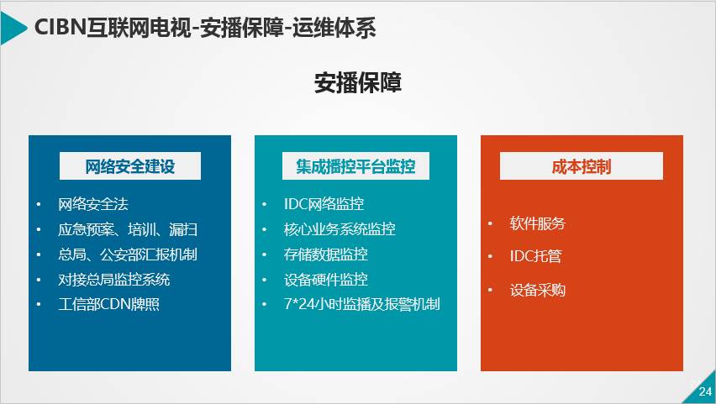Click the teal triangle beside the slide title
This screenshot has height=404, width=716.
pyautogui.click(x=12, y=29)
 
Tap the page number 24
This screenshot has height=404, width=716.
pyautogui.click(x=705, y=391)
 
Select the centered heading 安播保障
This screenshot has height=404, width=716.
pyautogui.click(x=358, y=82)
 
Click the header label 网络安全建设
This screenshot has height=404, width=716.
pyautogui.click(x=130, y=166)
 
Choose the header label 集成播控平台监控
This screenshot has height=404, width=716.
pyautogui.click(x=355, y=166)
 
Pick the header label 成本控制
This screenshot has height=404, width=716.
pyautogui.click(x=582, y=166)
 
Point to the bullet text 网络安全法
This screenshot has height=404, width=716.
pyautogui.click(x=93, y=204)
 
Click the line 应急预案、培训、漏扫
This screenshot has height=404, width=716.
pyautogui.click(x=128, y=229)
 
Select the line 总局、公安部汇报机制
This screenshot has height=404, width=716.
pyautogui.click(x=128, y=254)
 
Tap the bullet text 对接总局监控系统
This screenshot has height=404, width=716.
pyautogui.click(x=114, y=280)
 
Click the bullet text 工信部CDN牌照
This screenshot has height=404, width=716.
pyautogui.click(x=109, y=304)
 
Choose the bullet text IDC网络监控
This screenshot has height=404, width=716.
pyautogui.click(x=324, y=204)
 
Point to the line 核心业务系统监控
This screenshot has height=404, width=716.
pyautogui.click(x=340, y=229)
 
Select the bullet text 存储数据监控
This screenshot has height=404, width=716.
pyautogui.click(x=325, y=254)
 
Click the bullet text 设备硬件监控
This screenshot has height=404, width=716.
pyautogui.click(x=325, y=280)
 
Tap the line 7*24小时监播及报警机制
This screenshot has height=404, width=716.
pyautogui.click(x=361, y=304)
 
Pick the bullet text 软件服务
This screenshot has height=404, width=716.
pyautogui.click(x=538, y=223)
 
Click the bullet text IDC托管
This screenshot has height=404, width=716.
pyautogui.click(x=535, y=255)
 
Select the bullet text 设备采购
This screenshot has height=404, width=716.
pyautogui.click(x=538, y=290)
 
